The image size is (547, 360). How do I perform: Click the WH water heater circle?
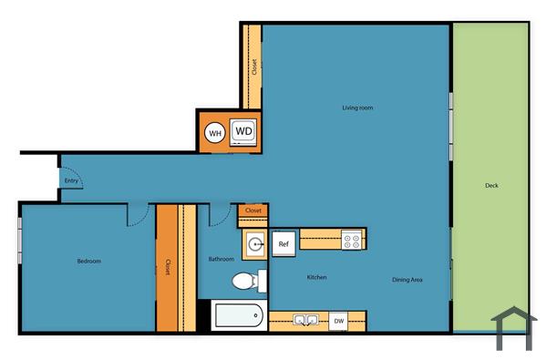click(x=215, y=133)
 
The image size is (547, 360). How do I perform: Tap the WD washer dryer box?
click(x=243, y=131)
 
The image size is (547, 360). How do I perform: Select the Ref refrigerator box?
click(x=284, y=243)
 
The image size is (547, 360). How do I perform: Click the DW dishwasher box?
click(x=338, y=320)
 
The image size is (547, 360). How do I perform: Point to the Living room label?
click(x=357, y=108)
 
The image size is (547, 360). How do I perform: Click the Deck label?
click(x=491, y=186)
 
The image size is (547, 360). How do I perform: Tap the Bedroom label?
click(x=88, y=262)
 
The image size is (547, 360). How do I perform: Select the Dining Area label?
click(x=408, y=280)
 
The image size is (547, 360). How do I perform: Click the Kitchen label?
click(x=316, y=277)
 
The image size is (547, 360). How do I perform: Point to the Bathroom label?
click(x=222, y=259)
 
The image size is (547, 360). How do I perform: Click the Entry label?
click(x=71, y=180)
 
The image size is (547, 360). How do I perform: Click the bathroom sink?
click(x=254, y=244)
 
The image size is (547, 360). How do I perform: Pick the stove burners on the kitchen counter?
click(x=352, y=241)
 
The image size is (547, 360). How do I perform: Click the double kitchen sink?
click(x=304, y=320)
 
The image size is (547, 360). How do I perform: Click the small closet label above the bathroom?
click(x=253, y=211)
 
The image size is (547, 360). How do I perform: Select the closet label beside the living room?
click(x=253, y=68)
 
